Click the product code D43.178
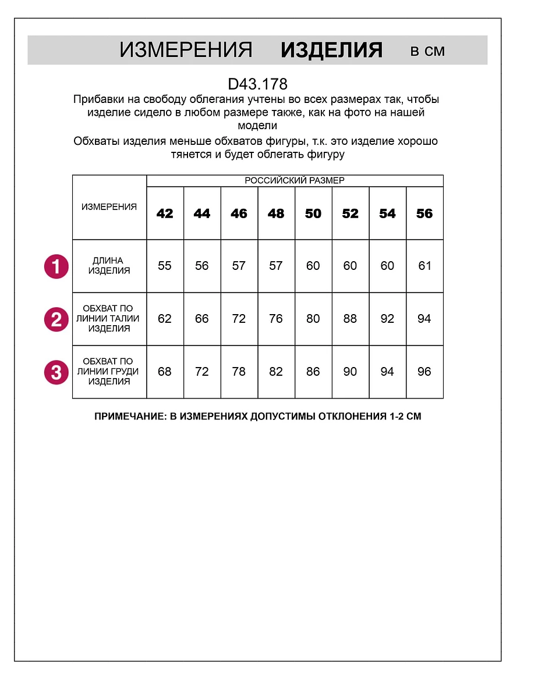[x=257, y=84]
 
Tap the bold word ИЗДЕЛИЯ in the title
[x=331, y=51]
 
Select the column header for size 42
[x=165, y=213]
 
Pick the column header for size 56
[x=424, y=213]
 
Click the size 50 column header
[x=313, y=213]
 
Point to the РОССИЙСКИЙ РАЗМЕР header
[x=295, y=181]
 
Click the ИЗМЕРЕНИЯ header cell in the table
[x=109, y=207]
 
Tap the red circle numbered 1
[x=56, y=266]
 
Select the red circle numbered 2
[x=56, y=319]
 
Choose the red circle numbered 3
[x=56, y=372]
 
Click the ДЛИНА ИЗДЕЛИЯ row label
[x=109, y=266]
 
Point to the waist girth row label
[x=109, y=319]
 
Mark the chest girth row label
[x=109, y=372]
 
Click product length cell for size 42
[x=165, y=266]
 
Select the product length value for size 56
[x=424, y=266]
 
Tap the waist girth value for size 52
[x=350, y=319]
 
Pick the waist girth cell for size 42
[x=165, y=319]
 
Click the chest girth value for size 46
[x=239, y=372]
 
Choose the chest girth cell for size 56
[x=424, y=372]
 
